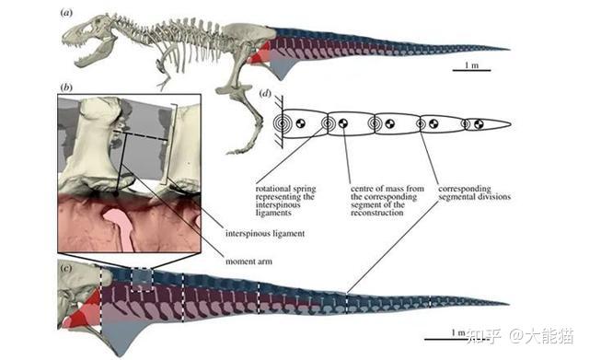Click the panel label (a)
coord(66,13)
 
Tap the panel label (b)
coord(66,87)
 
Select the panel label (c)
coord(66,268)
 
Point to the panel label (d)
coord(265,93)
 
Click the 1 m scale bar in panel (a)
coord(471,70)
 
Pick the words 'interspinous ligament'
coord(265,233)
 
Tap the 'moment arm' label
coord(248,261)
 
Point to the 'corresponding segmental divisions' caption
coord(475,192)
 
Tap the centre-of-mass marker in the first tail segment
coord(301,122)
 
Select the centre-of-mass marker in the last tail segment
coord(479,124)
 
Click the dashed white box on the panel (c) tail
coord(142,280)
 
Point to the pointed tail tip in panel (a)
coord(509,49)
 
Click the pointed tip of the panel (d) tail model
coord(511,124)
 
